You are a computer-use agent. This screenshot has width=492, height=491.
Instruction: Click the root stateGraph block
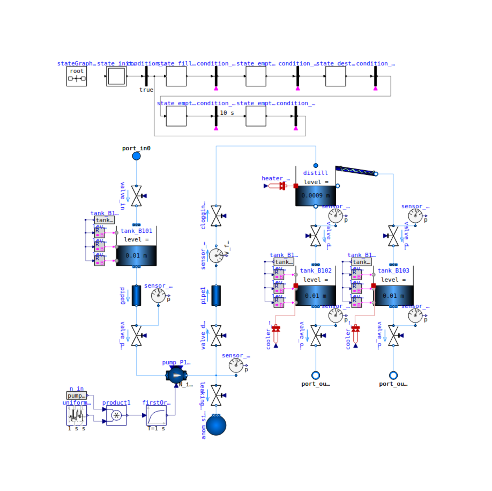click(76, 76)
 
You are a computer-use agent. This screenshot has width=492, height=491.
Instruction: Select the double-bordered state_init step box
click(116, 76)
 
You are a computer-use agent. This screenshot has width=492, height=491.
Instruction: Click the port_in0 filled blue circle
click(136, 156)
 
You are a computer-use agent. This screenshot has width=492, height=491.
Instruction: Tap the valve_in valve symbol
click(136, 196)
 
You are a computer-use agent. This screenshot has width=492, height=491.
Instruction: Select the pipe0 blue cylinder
click(136, 295)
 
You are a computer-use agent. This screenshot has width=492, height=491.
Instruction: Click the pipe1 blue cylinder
click(216, 295)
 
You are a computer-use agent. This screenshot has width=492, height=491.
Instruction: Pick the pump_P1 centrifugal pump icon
click(176, 375)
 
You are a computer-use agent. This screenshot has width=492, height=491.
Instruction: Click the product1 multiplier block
click(116, 415)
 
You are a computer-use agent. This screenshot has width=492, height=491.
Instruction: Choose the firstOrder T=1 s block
click(156, 415)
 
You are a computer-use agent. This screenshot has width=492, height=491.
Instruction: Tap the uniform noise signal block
click(76, 415)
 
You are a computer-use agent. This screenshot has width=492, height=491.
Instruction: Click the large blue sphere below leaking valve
click(216, 425)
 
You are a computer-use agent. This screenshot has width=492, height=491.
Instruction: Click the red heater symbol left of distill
click(276, 186)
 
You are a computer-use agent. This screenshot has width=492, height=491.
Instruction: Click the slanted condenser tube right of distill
click(356, 171)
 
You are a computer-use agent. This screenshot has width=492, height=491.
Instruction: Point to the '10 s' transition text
click(227, 113)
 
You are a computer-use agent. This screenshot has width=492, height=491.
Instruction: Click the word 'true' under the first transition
click(146, 90)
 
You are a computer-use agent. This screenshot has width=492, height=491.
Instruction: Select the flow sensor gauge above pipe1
click(216, 256)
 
